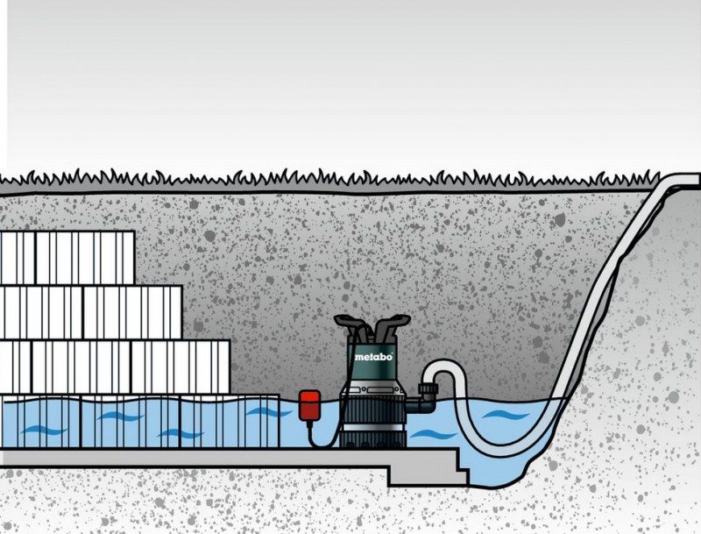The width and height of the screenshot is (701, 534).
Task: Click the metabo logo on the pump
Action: pos(373,357)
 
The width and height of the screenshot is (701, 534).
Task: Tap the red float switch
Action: pos(309,405)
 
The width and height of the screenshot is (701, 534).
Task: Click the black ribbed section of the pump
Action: pos(373,410)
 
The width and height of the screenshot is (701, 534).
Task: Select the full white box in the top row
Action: pos(85,258)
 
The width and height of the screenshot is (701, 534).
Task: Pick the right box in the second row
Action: pos(133,312)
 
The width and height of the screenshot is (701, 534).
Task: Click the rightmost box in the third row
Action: pos(181,367)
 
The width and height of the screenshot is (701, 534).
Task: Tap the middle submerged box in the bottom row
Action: pos(131,422)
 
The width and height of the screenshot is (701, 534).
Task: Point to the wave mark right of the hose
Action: pos(506,415)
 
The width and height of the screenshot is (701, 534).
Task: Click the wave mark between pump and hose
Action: pos(434,434)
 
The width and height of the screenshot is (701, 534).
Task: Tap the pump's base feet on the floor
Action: pos(373,444)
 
